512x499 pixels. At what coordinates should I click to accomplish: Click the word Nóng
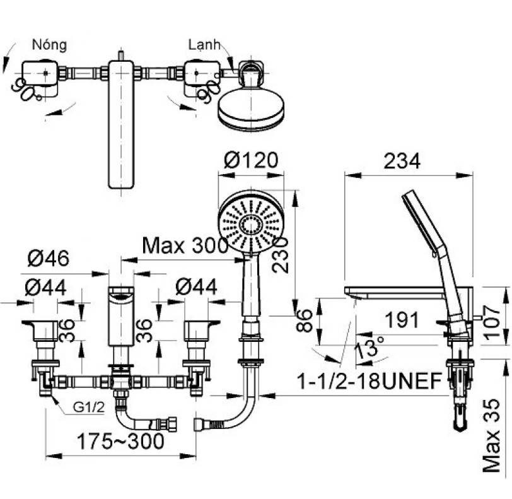pyautogui.click(x=49, y=44)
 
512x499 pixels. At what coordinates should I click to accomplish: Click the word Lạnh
pyautogui.click(x=204, y=45)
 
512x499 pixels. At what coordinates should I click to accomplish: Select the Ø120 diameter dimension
pyautogui.click(x=251, y=160)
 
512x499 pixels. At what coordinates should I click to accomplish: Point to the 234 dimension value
pyautogui.click(x=402, y=161)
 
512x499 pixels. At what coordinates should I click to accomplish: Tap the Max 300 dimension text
pyautogui.click(x=185, y=245)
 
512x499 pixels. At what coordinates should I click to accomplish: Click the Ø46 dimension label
pyautogui.click(x=49, y=258)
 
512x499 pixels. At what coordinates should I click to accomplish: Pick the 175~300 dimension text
pyautogui.click(x=120, y=441)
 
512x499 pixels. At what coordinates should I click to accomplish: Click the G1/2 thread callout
pyautogui.click(x=89, y=407)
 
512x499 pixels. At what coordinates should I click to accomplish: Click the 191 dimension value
pyautogui.click(x=402, y=320)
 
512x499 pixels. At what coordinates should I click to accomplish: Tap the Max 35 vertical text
pyautogui.click(x=491, y=435)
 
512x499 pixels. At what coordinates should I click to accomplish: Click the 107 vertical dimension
pyautogui.click(x=492, y=322)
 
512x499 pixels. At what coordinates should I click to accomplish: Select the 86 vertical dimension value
pyautogui.click(x=306, y=320)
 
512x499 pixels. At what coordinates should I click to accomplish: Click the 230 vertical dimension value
pyautogui.click(x=281, y=255)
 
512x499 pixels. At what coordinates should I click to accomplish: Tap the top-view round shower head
pyautogui.click(x=250, y=110)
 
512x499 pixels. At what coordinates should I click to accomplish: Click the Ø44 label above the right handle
pyautogui.click(x=196, y=287)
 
